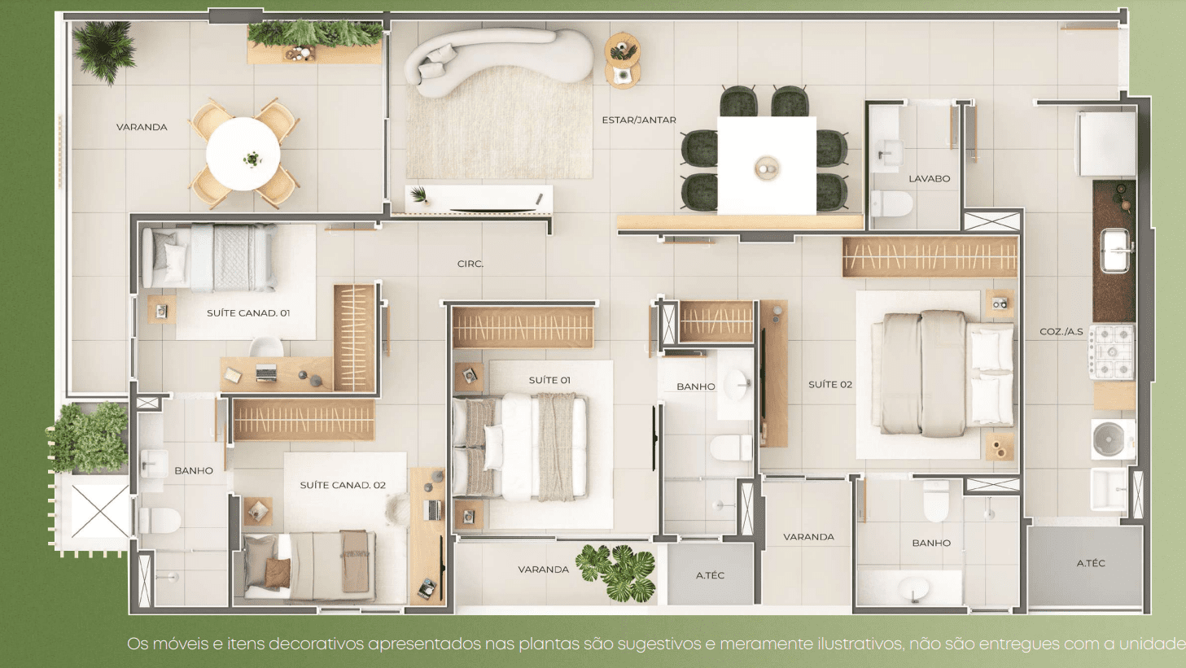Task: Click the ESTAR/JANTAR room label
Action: [638, 120]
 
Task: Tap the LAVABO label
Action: [930, 179]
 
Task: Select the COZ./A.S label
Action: [1061, 332]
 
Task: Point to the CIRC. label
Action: [470, 264]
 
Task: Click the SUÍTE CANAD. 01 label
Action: [247, 312]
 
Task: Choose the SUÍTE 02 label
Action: [830, 385]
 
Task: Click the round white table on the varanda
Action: [243, 154]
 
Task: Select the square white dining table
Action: [767, 166]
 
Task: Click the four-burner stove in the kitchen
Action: [1112, 352]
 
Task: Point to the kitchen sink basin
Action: [1115, 250]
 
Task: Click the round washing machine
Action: [1113, 439]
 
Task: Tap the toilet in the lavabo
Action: [891, 203]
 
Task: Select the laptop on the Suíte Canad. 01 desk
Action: [266, 373]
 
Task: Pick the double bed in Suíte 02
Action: [943, 373]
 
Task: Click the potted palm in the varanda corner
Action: [104, 51]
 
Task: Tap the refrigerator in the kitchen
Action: [1105, 143]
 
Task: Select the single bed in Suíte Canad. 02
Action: [310, 567]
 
